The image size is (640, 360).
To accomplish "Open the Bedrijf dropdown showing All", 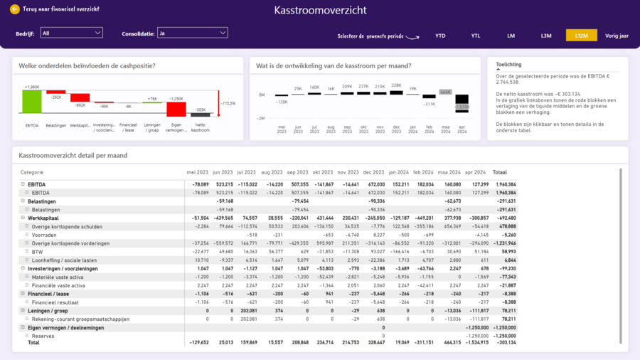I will [x=71, y=33].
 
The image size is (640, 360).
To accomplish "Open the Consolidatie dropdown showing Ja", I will [x=192, y=33].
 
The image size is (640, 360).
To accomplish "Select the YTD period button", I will [x=440, y=36].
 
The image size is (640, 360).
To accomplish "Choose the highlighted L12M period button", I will [x=581, y=36].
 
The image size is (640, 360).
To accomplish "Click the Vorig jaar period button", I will [x=617, y=36].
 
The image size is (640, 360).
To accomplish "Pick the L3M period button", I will [x=546, y=36].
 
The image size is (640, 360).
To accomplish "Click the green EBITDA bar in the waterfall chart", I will [x=31, y=102].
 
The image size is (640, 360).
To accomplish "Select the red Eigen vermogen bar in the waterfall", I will [x=176, y=109].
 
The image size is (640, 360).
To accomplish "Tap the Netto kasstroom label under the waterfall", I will [x=201, y=128].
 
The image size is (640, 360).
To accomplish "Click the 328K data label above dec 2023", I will [x=396, y=85].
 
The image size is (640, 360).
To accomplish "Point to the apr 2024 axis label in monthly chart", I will [x=462, y=129].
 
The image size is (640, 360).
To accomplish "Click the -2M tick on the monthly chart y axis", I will [x=260, y=118].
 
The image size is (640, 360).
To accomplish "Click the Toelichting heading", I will [x=508, y=64].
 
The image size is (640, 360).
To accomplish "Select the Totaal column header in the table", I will [x=500, y=172].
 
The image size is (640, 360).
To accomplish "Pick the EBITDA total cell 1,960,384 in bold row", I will [x=506, y=184].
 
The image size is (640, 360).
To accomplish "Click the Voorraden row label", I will [x=43, y=235].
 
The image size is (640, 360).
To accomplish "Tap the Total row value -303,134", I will [x=506, y=343].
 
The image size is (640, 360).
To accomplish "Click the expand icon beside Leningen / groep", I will [x=23, y=311].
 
